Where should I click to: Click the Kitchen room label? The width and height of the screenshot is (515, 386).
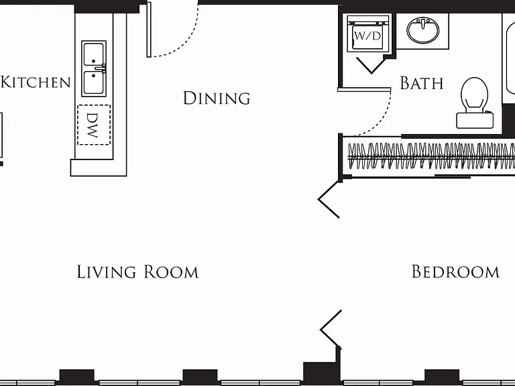(36, 82)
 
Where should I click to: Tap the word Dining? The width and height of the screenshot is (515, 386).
(217, 98)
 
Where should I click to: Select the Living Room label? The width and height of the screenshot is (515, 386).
(137, 272)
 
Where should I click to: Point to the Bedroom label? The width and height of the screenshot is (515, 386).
(455, 272)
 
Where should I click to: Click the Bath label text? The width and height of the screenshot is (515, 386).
(422, 83)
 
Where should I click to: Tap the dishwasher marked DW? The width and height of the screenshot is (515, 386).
(94, 125)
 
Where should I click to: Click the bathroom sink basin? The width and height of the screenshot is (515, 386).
(422, 30)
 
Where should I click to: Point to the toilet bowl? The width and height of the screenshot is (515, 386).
(474, 94)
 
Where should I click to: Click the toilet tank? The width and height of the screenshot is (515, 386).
(475, 120)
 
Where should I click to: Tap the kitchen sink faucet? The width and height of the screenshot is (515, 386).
(101, 68)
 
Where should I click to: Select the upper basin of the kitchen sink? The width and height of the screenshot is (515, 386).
(94, 54)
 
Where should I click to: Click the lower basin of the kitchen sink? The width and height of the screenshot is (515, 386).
(94, 83)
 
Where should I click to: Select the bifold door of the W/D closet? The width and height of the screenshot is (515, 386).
(371, 65)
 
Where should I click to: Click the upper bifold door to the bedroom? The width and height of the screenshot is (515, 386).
(329, 199)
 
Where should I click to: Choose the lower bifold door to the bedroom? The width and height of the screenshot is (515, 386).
(331, 329)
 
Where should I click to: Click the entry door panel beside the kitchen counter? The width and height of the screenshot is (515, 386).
(149, 29)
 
